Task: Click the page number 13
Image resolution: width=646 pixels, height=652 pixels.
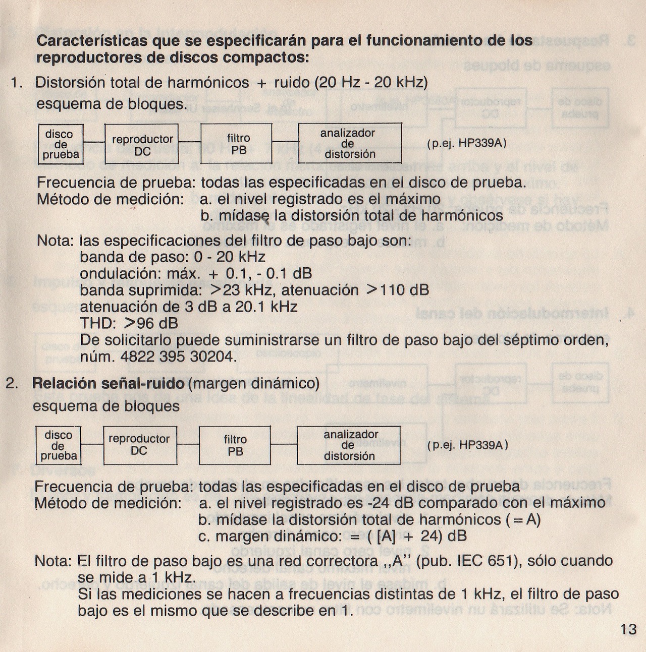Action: [x=629, y=629]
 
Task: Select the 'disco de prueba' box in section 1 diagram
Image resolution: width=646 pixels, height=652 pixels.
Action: [x=60, y=144]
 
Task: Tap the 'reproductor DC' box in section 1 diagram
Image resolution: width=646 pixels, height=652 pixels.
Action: [x=142, y=144]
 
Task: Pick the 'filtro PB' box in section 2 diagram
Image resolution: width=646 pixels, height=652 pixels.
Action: [x=235, y=445]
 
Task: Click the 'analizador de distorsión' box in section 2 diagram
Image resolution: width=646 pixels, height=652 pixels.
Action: [x=349, y=445]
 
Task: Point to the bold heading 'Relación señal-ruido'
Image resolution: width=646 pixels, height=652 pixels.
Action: [x=109, y=383]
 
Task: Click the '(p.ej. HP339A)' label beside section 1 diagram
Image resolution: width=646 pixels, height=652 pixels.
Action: [x=466, y=143]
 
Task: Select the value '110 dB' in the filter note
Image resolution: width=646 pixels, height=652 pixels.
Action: [x=404, y=290]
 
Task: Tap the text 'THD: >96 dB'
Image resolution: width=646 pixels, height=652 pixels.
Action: [x=129, y=323]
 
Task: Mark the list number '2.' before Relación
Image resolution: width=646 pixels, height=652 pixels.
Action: [x=13, y=383]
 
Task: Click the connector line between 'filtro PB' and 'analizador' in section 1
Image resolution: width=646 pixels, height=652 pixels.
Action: [x=285, y=141]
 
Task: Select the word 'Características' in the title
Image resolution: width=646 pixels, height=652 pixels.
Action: [x=92, y=40]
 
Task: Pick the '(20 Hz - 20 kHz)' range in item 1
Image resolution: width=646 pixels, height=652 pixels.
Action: [x=371, y=82]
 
